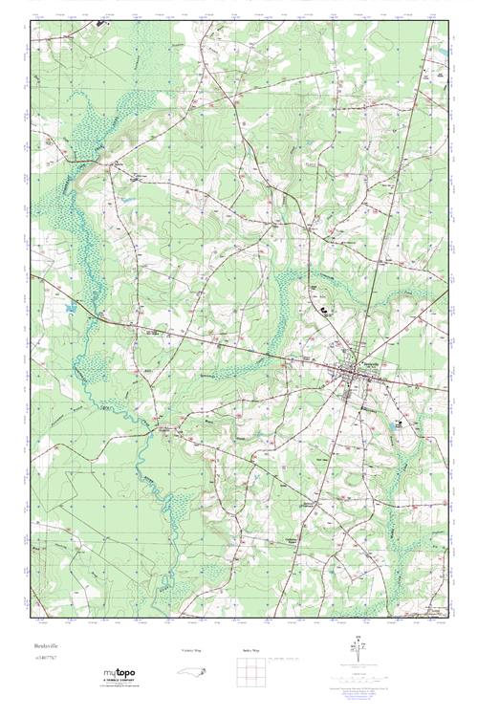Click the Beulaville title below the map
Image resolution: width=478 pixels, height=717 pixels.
click(46, 647)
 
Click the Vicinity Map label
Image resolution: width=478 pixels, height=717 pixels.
click(190, 649)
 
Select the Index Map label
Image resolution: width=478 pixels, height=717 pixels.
click(251, 649)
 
